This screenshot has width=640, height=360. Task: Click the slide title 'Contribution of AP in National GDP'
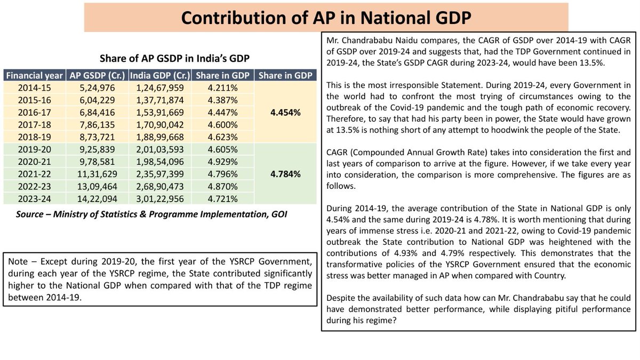pos(326,18)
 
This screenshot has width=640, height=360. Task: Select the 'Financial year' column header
pos(36,75)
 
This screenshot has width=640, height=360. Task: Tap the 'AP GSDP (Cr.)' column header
pos(98,75)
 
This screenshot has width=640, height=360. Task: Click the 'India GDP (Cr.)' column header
pos(159,75)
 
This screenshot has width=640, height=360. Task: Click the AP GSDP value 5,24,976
pos(98,88)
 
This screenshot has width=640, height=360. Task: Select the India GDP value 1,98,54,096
pos(159,162)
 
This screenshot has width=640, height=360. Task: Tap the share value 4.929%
pos(223,162)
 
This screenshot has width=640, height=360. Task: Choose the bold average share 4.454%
pos(285,113)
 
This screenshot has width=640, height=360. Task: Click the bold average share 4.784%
pos(285,174)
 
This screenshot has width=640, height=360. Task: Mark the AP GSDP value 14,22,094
pos(98,199)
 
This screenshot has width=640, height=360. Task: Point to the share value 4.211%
pos(223,88)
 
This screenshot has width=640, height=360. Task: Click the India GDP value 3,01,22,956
pos(159,199)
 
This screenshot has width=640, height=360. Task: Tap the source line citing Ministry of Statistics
pos(140,213)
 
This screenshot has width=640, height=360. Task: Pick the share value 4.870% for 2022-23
pos(223,187)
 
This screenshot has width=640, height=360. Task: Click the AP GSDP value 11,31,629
pos(98,174)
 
